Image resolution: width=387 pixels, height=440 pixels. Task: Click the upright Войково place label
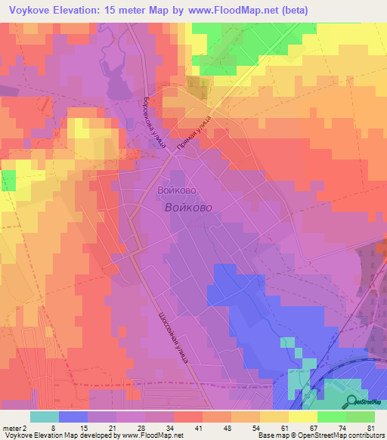[x=180, y=191]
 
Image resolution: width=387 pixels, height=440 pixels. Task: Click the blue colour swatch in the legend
[x=73, y=417]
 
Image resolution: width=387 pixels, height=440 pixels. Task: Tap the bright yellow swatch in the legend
[x=302, y=417]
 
